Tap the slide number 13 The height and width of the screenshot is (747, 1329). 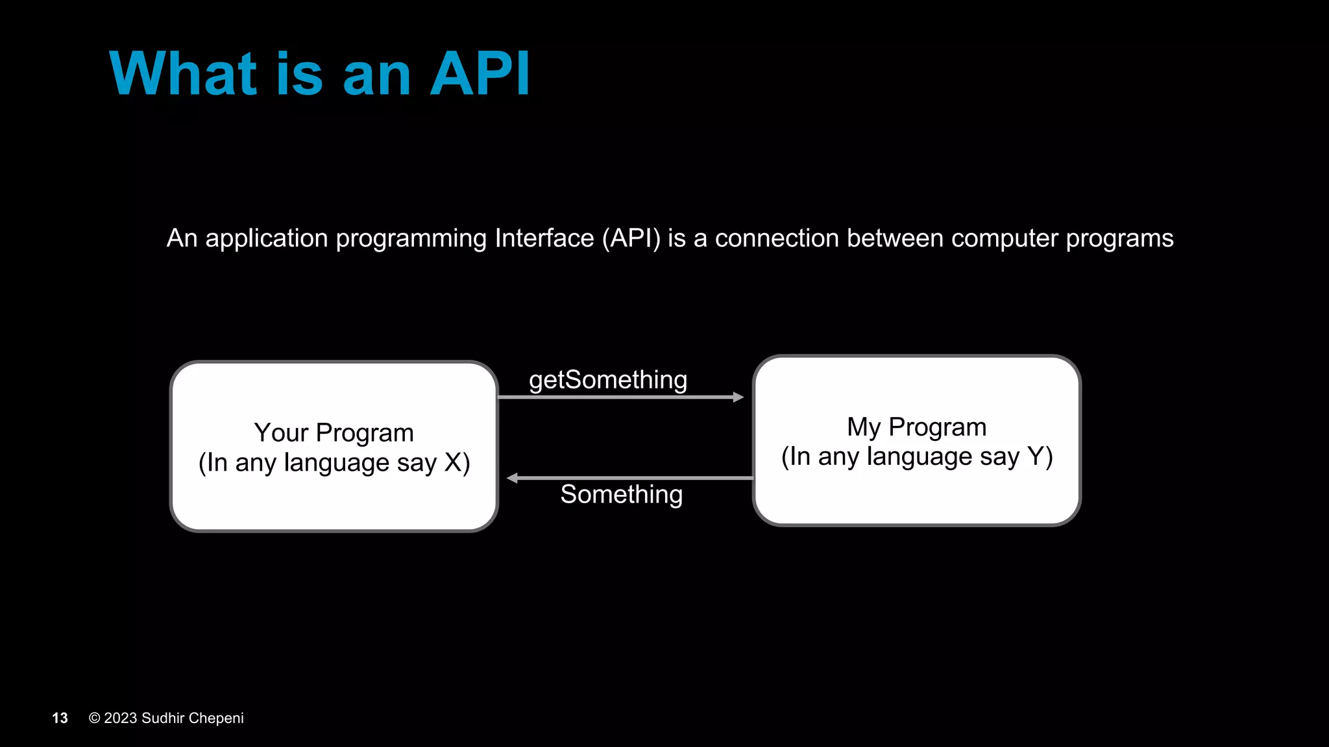(x=60, y=718)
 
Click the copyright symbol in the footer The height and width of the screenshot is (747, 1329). (x=95, y=718)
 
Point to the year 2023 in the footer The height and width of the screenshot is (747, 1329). (x=121, y=718)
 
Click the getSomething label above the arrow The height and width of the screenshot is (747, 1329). (x=608, y=380)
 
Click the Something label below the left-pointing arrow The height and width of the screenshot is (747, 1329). (x=621, y=494)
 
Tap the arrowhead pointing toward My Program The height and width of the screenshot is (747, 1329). (x=738, y=397)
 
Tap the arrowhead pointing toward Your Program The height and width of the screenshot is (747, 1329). (x=512, y=478)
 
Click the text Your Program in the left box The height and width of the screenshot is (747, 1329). (x=334, y=433)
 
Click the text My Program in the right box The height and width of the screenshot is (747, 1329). (x=916, y=427)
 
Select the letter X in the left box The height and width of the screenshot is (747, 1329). (x=453, y=463)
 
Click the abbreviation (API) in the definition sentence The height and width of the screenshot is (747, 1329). (x=631, y=239)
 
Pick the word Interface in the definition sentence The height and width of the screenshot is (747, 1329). (x=544, y=239)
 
